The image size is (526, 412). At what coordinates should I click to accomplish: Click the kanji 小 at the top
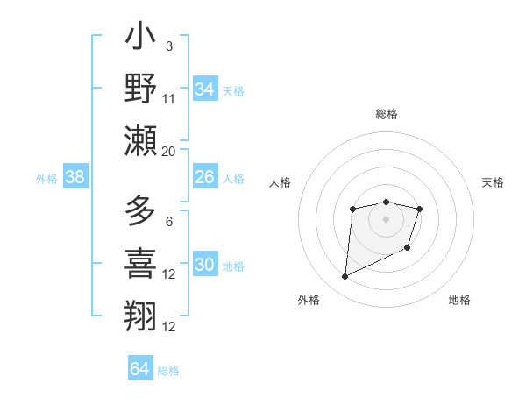tap(140, 39)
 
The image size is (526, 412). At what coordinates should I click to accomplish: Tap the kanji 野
tap(140, 89)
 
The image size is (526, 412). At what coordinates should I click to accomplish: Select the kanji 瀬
tap(140, 140)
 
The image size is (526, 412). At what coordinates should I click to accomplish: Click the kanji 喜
tap(140, 262)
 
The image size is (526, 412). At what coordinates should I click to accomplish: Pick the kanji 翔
tap(140, 313)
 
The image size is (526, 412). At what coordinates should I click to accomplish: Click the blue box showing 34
tap(205, 89)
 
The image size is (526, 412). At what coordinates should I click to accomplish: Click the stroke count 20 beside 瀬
tap(169, 151)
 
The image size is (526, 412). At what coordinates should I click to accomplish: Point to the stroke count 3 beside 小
tap(169, 46)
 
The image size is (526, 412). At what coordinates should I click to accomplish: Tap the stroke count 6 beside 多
tap(169, 221)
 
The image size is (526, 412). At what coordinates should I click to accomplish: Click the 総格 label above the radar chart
tap(386, 114)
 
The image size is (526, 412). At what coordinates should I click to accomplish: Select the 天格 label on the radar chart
tap(493, 182)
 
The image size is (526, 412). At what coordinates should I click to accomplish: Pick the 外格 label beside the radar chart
tap(309, 300)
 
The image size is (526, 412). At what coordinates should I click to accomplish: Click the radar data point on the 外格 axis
tap(345, 277)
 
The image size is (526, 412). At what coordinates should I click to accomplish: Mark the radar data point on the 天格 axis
tap(420, 209)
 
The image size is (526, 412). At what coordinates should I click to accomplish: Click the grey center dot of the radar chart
tap(386, 218)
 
